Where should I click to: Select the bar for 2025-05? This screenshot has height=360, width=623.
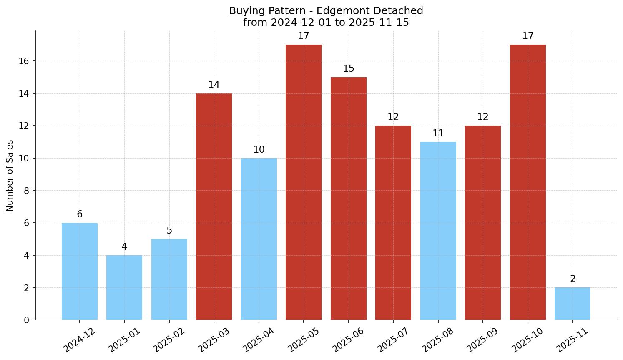coord(304,182)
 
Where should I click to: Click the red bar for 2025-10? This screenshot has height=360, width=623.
coord(528,182)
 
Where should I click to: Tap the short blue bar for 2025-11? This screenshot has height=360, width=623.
coord(573,304)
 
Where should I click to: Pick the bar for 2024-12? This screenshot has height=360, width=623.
coord(80,271)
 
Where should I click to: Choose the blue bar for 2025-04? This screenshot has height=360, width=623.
coord(259,239)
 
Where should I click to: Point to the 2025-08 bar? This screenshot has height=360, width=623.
coord(438,231)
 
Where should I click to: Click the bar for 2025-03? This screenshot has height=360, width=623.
coord(214,206)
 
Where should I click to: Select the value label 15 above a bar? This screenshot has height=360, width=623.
coord(349,69)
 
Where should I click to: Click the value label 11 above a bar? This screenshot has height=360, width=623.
coord(438,133)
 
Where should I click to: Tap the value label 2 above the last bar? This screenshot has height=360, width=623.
coord(573,279)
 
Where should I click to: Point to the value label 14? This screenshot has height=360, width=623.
coord(214,85)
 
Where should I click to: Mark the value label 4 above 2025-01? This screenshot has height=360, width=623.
coord(124,247)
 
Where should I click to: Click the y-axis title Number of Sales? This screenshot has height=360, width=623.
coord(10,176)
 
